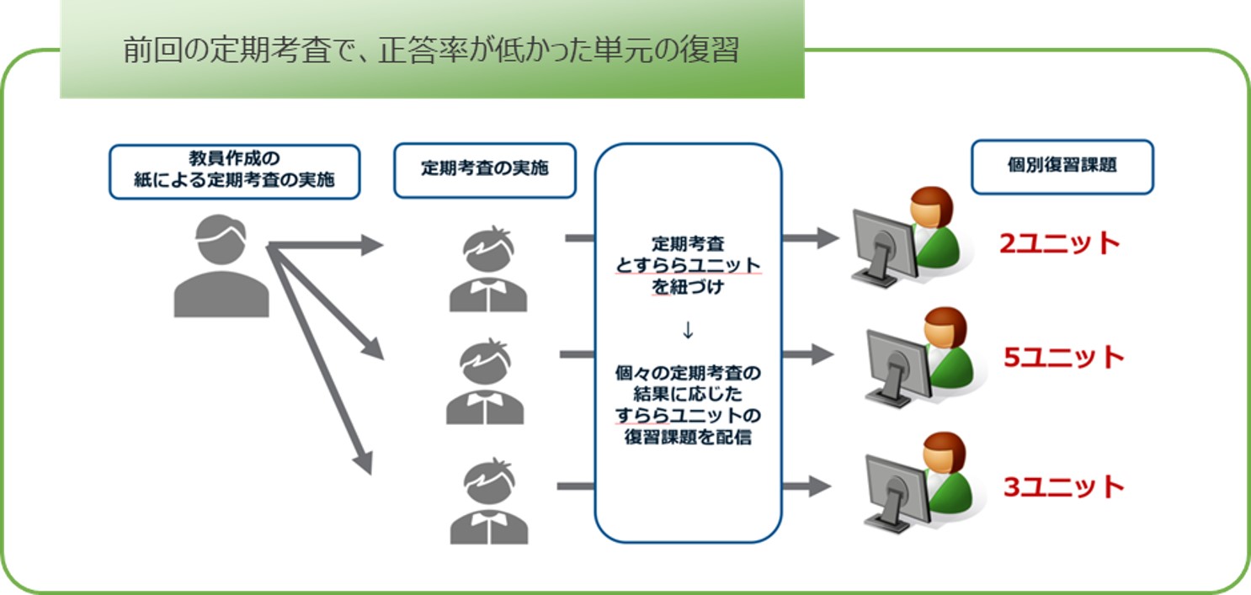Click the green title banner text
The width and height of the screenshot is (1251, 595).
point(431,50)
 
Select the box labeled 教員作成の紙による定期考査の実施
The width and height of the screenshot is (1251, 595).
point(235,172)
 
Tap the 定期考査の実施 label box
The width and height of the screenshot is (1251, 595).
point(485,170)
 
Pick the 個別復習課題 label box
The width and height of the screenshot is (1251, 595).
point(1062,167)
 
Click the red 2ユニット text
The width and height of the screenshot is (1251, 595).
point(1059,243)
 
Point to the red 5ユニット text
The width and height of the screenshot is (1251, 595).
point(1063,357)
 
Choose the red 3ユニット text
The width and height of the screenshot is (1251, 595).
point(1063,486)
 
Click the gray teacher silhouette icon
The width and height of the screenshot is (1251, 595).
point(221,266)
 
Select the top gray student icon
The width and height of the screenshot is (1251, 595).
point(488,268)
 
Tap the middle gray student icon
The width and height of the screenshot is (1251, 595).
point(485,381)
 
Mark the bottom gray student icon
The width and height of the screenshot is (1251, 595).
point(488,501)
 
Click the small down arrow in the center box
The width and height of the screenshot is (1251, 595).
point(688,330)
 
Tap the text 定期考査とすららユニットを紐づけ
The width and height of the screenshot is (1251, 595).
point(688,265)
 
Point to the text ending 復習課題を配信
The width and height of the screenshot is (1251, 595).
point(688,405)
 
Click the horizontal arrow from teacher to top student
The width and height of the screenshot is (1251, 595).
point(326,245)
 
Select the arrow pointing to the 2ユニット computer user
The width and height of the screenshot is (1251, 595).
point(811,238)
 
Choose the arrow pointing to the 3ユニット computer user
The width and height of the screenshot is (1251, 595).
point(807,486)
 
